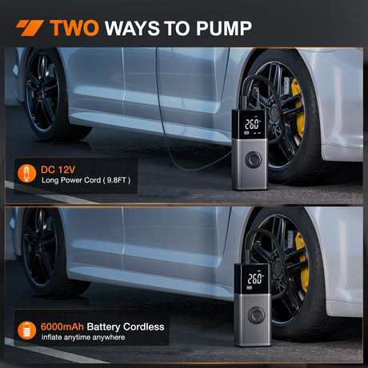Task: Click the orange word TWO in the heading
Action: (74, 28)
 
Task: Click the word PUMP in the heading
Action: (224, 28)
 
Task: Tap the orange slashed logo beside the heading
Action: (30, 28)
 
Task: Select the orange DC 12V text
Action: (58, 170)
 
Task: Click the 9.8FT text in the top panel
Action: (116, 180)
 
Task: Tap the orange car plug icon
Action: (26, 174)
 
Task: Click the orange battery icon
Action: (26, 330)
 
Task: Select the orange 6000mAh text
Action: (62, 326)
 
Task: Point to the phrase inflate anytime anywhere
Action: (83, 338)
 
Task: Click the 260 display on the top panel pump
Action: (252, 124)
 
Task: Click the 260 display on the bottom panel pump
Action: (255, 278)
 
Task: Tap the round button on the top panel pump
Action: (254, 159)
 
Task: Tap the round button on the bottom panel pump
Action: (256, 314)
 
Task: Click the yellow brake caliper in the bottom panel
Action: (302, 262)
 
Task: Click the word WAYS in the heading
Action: (132, 28)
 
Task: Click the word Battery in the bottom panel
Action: (103, 327)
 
